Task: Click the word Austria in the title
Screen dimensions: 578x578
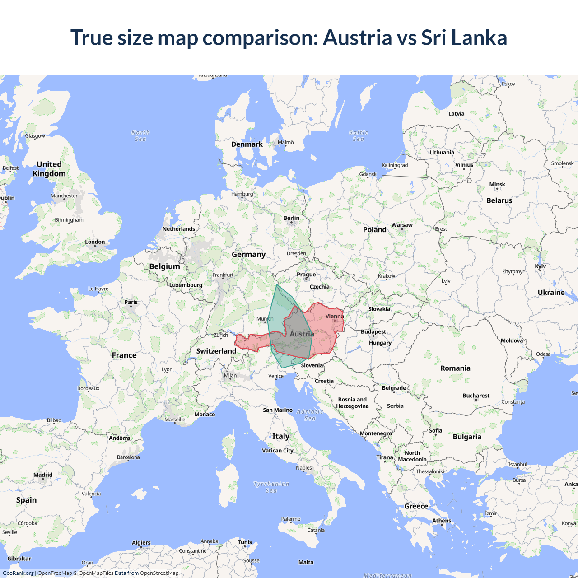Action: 357,37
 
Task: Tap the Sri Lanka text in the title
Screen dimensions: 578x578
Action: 464,37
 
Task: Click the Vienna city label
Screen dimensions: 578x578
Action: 334,316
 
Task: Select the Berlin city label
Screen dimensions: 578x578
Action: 291,218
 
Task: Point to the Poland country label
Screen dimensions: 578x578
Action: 374,229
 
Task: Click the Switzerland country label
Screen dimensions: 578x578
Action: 216,351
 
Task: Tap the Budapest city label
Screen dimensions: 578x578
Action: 373,331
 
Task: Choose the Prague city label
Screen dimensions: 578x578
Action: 306,275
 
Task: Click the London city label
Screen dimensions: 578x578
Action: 95,242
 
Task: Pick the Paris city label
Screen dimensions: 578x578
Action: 131,302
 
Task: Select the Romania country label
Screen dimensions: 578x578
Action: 455,368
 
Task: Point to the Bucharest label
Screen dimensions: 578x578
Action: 476,396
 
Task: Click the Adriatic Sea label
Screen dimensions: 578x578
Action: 310,415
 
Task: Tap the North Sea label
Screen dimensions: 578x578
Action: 140,135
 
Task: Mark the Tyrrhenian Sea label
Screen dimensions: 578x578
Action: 271,487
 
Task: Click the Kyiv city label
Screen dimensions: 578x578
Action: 540,266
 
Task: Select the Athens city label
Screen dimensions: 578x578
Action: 442,521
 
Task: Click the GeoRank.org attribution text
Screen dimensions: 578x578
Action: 18,573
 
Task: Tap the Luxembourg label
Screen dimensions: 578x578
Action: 186,285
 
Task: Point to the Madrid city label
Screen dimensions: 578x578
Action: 43,475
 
